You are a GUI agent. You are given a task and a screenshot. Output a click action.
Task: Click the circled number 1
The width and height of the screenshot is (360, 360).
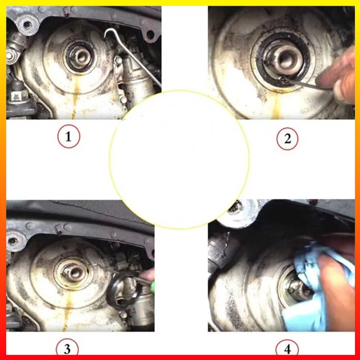69,136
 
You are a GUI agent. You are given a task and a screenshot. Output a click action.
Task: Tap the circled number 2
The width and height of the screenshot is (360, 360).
287,139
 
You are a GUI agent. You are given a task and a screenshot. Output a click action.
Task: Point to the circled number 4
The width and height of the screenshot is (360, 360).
287,348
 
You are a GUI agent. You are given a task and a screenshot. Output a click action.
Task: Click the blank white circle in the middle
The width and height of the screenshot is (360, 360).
179,159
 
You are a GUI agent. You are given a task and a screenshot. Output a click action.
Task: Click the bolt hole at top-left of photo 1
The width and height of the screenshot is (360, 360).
27,24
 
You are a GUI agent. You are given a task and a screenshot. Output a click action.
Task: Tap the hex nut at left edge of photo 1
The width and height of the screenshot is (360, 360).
10,55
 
